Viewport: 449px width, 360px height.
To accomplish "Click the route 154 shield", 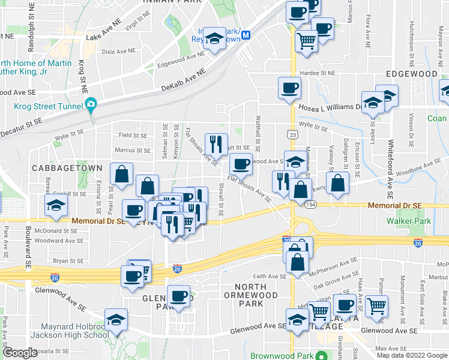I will pyautogui.click(x=310, y=205).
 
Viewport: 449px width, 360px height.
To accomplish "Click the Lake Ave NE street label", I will pyautogui.click(x=103, y=37).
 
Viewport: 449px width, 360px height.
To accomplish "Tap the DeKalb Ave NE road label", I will pyautogui.click(x=183, y=80).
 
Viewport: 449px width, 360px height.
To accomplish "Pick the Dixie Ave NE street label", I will pyautogui.click(x=119, y=52).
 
